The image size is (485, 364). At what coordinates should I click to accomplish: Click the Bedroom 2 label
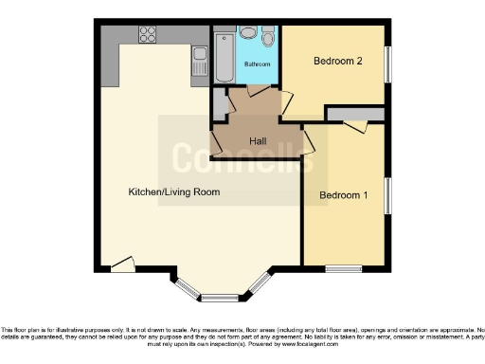(x=338, y=61)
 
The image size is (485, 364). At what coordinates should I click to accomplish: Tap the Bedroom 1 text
(x=343, y=195)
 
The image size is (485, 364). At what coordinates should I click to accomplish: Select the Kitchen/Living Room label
(x=174, y=191)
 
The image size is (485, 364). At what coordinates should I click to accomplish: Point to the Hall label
(x=257, y=141)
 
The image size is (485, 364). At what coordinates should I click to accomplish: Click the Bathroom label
(x=257, y=64)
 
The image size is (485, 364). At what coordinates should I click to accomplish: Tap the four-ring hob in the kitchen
(x=149, y=35)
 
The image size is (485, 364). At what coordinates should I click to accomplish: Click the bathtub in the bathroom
(x=224, y=57)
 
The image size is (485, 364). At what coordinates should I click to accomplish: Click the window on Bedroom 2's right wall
(x=386, y=64)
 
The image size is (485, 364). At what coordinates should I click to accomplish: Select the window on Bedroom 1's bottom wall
(x=344, y=268)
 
